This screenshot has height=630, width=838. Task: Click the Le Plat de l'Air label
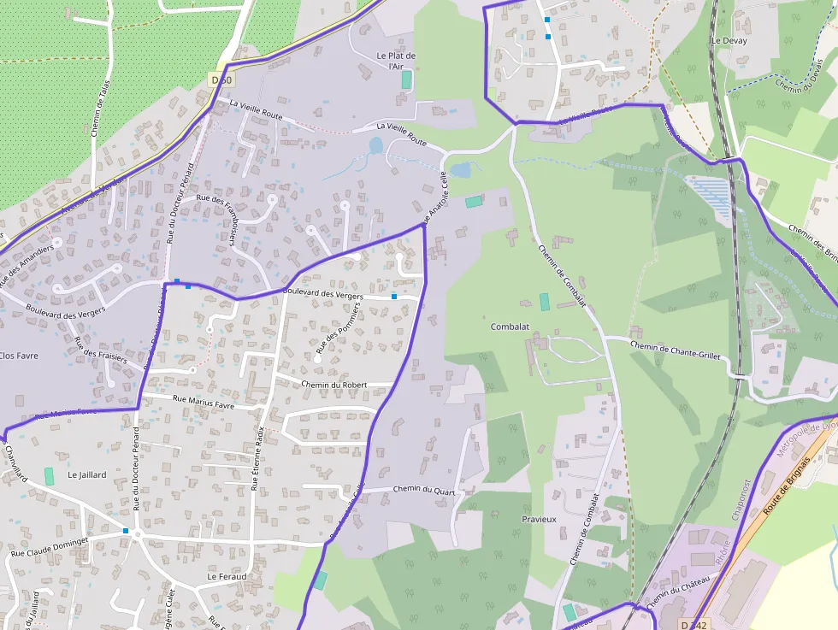pyautogui.click(x=396, y=61)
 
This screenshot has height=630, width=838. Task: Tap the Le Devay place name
pyautogui.click(x=729, y=40)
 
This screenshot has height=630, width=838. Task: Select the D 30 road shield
pyautogui.click(x=221, y=79)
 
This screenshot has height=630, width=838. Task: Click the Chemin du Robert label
pyautogui.click(x=334, y=385)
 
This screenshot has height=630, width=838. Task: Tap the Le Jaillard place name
pyautogui.click(x=86, y=474)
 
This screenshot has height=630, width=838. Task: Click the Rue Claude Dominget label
pyautogui.click(x=49, y=547)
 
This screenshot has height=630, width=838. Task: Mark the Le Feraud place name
pyautogui.click(x=227, y=577)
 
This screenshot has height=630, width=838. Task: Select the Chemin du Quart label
pyautogui.click(x=423, y=490)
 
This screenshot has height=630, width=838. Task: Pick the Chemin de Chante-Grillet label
pyautogui.click(x=676, y=350)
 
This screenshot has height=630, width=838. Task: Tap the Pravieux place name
pyautogui.click(x=539, y=519)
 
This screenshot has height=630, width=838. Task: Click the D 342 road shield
pyautogui.click(x=697, y=625)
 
